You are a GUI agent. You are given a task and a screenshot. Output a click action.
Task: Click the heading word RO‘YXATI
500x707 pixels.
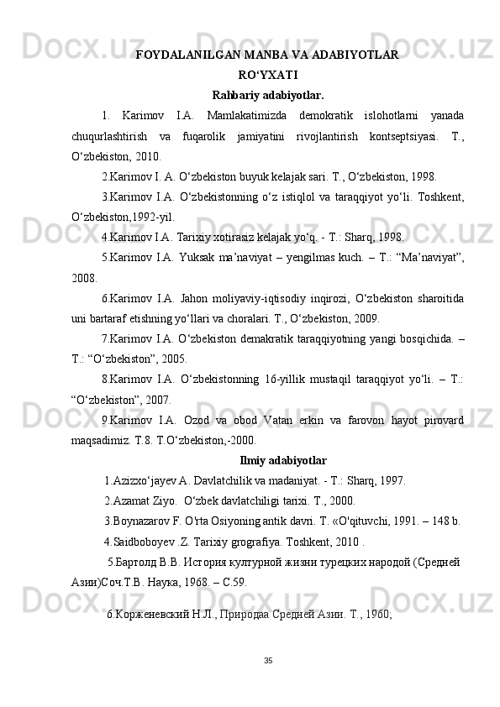[267, 74]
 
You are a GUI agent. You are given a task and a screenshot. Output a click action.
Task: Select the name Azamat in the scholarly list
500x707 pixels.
[135, 500]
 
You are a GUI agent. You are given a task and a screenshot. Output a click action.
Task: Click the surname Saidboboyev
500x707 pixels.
[145, 541]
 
